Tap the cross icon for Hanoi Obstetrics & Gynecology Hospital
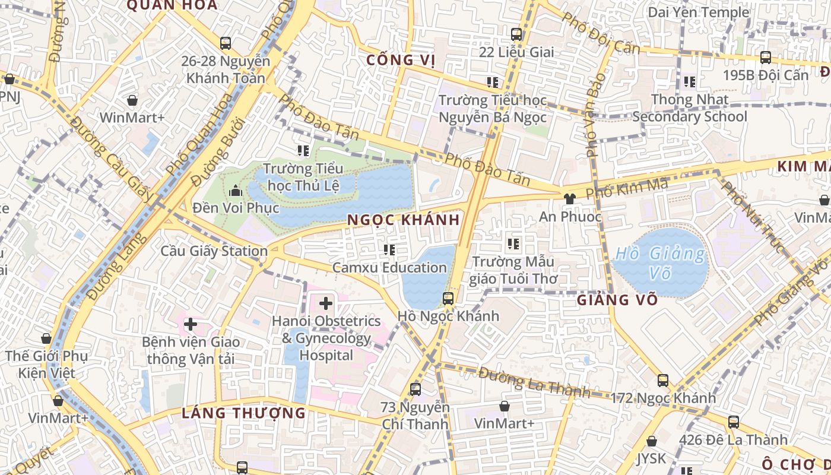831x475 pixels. click(x=325, y=304)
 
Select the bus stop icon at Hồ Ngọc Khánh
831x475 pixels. click(x=448, y=299)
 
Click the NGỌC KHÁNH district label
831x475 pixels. click(x=403, y=220)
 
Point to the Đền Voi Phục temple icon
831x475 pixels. click(x=236, y=191)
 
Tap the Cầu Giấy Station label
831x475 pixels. click(x=214, y=251)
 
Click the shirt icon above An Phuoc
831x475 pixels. click(x=570, y=199)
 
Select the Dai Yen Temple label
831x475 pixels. click(x=698, y=12)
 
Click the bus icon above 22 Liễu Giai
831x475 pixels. click(x=516, y=34)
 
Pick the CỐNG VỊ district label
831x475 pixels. click(x=401, y=60)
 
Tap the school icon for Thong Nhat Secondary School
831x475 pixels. click(x=689, y=81)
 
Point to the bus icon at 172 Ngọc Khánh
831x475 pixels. click(x=662, y=381)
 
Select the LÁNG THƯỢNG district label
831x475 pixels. click(x=243, y=413)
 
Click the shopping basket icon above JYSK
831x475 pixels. click(x=652, y=442)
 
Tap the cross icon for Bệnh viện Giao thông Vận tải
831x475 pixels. click(x=191, y=324)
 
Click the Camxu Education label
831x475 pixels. click(x=389, y=267)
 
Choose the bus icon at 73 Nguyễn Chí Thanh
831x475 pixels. click(x=415, y=389)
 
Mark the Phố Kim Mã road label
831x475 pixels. click(x=626, y=189)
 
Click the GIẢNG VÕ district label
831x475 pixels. click(x=617, y=300)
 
